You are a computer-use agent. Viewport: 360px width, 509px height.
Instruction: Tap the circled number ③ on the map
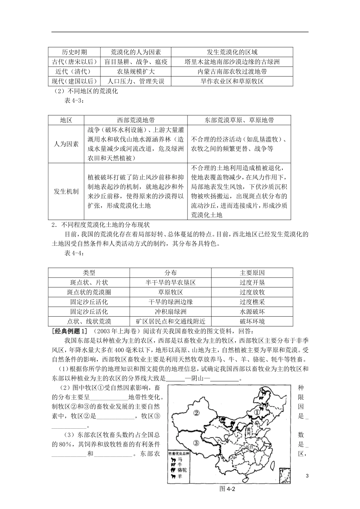click(x=196, y=443)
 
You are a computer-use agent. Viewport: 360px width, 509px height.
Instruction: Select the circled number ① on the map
click(x=257, y=412)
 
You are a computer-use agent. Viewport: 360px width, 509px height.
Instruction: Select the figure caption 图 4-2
click(x=228, y=489)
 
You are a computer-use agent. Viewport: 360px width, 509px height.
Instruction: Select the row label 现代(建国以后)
click(x=75, y=81)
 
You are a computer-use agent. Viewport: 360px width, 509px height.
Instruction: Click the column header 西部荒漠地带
click(x=136, y=120)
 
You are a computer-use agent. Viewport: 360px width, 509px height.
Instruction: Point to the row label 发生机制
click(x=66, y=191)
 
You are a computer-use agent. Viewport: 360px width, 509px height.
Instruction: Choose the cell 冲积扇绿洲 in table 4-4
click(x=171, y=312)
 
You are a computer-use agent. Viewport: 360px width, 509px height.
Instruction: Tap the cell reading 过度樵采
click(x=252, y=302)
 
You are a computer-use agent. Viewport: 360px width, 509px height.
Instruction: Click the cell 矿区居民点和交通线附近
click(x=171, y=322)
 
